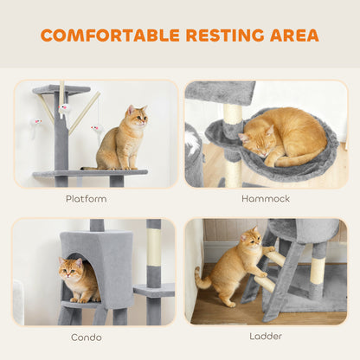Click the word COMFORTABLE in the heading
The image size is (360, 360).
(109, 35)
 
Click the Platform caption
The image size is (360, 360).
(87, 199)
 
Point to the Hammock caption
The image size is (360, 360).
(267, 199)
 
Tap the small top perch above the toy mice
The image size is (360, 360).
(61, 89)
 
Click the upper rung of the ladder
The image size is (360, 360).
(274, 257)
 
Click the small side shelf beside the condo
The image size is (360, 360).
(153, 287)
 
